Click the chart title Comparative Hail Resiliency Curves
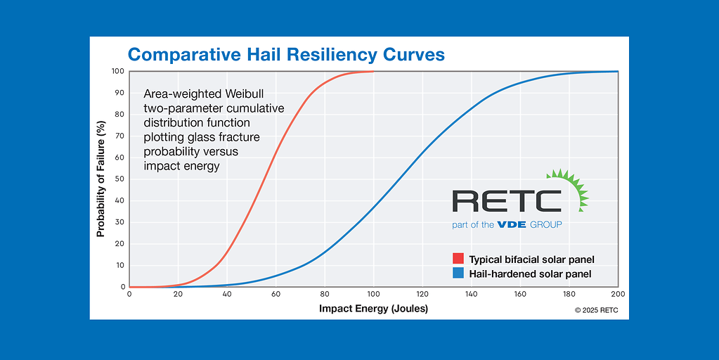[x=285, y=55]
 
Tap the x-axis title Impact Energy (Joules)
[x=373, y=308]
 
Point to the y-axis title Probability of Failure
[x=101, y=179]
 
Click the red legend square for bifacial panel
[x=458, y=259]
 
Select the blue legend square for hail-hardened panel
[x=458, y=274]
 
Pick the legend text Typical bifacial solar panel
[x=531, y=259]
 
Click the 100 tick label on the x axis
[x=373, y=294]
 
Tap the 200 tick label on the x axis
[x=618, y=294]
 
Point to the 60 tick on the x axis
[x=276, y=294]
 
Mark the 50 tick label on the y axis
[x=119, y=179]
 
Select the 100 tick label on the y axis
[x=117, y=71]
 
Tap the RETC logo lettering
[x=506, y=201]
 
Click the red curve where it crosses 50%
[x=265, y=179]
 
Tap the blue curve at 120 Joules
[x=422, y=153]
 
